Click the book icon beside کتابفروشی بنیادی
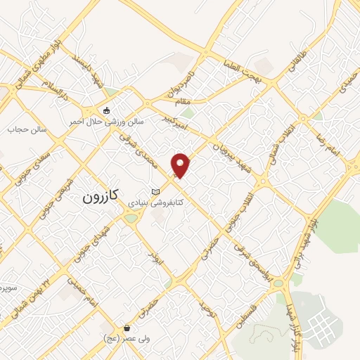[x=156, y=192]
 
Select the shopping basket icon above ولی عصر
[x=127, y=328]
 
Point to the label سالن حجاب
[x=26, y=129]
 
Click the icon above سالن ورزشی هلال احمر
[x=106, y=110]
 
